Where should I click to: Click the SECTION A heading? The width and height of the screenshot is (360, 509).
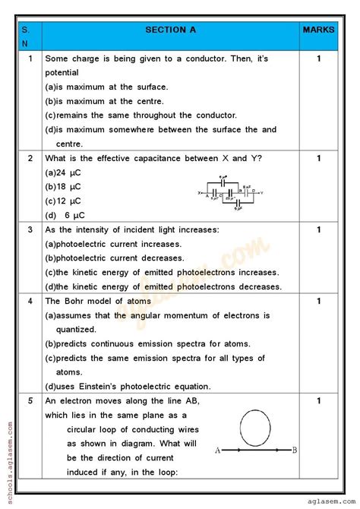pyautogui.click(x=170, y=30)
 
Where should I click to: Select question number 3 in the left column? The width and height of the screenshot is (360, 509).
pyautogui.click(x=30, y=229)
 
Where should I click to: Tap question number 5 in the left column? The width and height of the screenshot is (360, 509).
pyautogui.click(x=30, y=400)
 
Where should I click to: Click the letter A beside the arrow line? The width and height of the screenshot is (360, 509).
pyautogui.click(x=218, y=451)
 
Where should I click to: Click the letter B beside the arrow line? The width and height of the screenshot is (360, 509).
pyautogui.click(x=295, y=451)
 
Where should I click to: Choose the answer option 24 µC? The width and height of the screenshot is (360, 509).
pyautogui.click(x=63, y=172)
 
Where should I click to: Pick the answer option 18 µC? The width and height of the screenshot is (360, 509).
pyautogui.click(x=63, y=187)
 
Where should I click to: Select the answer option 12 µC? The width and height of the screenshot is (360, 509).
pyautogui.click(x=63, y=201)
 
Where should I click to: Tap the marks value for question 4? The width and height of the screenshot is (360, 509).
pyautogui.click(x=319, y=301)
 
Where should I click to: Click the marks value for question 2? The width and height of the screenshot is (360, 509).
pyautogui.click(x=319, y=158)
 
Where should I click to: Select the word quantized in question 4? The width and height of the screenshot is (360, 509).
pyautogui.click(x=76, y=330)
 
